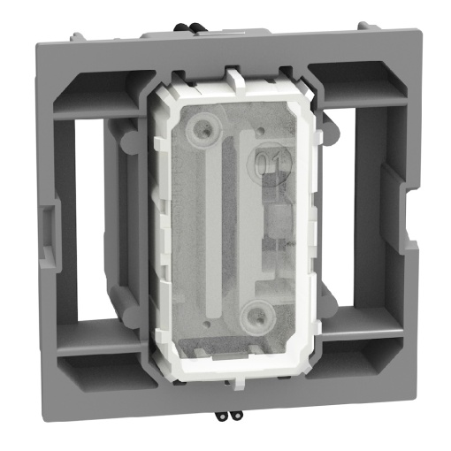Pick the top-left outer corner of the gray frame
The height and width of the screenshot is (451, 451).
tap(35, 37)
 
